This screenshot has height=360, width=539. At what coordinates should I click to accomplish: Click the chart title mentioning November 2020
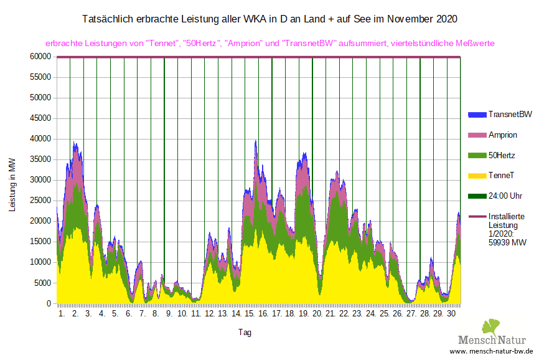click(x=269, y=19)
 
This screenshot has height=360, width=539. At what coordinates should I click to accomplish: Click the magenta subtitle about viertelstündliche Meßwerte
click(x=270, y=44)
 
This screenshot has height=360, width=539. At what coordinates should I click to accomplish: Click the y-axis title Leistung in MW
click(x=12, y=184)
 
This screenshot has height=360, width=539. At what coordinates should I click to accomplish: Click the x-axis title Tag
click(x=245, y=333)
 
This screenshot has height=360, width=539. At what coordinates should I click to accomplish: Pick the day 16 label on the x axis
click(x=263, y=315)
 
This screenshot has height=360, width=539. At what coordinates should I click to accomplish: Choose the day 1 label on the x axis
click(x=61, y=315)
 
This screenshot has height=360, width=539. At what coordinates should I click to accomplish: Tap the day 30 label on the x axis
click(x=452, y=315)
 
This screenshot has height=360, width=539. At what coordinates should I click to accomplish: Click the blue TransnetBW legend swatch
click(x=477, y=115)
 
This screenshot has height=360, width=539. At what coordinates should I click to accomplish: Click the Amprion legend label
click(x=503, y=135)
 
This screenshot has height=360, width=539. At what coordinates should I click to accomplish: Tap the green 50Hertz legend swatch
click(x=477, y=155)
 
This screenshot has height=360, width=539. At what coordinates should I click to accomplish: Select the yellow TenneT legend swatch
click(x=477, y=176)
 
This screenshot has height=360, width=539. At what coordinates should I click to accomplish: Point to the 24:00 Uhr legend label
click(x=505, y=196)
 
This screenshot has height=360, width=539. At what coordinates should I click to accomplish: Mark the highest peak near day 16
click(x=255, y=141)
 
